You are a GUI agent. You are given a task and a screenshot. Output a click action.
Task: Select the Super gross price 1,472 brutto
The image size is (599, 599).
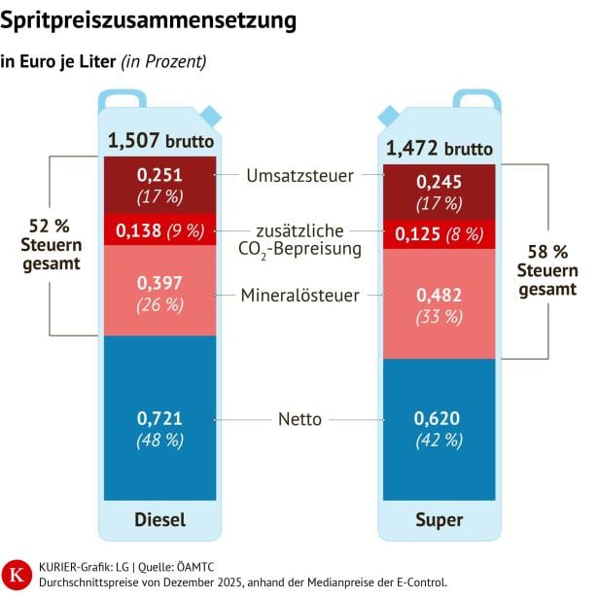point(439,149)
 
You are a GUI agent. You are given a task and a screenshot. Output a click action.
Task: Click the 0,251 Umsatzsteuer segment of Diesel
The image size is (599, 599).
point(159,184)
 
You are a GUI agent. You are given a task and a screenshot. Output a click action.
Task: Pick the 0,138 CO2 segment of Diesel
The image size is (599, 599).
point(159,230)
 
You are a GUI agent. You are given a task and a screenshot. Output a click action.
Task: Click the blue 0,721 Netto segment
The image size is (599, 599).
point(159,428)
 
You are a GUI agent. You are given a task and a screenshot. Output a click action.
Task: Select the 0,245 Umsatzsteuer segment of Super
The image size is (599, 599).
point(439,192)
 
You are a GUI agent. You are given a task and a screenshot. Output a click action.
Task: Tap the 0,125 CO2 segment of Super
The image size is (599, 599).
point(439,234)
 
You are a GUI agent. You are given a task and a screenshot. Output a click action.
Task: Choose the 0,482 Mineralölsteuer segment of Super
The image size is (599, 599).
point(439,303)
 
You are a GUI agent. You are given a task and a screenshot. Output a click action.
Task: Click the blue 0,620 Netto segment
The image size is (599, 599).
point(439,428)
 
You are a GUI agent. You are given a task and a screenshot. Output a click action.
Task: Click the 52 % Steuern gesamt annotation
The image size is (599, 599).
point(48,244)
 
